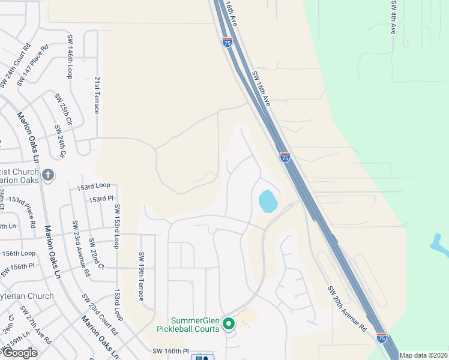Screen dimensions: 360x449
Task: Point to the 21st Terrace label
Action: tap(96, 95)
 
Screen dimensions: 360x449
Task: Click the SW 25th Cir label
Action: tap(62, 109)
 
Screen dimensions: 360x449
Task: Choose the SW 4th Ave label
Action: tap(394, 17)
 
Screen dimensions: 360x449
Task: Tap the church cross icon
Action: tap(49, 176)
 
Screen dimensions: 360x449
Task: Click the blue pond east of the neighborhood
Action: tap(268, 201)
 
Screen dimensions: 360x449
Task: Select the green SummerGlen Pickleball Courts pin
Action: tap(228, 324)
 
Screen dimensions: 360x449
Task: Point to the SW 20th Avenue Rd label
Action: tap(346, 308)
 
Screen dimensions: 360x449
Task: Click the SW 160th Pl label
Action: tap(170, 351)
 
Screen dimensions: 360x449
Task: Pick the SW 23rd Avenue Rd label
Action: tap(80, 248)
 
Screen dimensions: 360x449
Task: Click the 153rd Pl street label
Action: tap(101, 199)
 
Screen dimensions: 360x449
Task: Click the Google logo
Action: tap(20, 353)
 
